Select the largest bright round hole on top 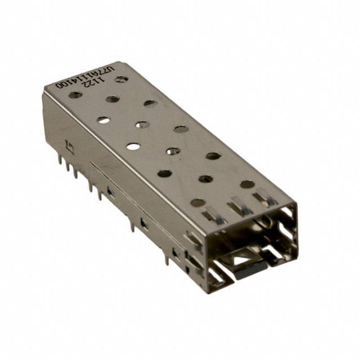133,146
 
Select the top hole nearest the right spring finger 247,184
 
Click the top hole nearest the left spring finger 197,202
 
